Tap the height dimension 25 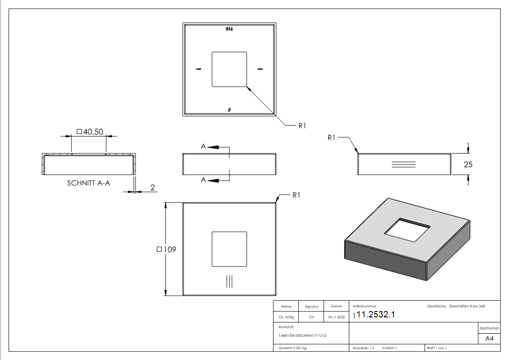(x=468, y=165)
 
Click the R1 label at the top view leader (x=303, y=126)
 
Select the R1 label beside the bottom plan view (x=296, y=195)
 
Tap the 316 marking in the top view (x=229, y=29)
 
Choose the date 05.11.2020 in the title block (x=336, y=317)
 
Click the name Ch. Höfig (x=286, y=317)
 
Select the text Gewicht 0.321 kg (x=292, y=348)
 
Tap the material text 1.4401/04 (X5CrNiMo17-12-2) (x=302, y=336)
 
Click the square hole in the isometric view (x=407, y=230)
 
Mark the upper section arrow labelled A (x=212, y=147)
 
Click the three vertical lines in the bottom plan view (x=229, y=281)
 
